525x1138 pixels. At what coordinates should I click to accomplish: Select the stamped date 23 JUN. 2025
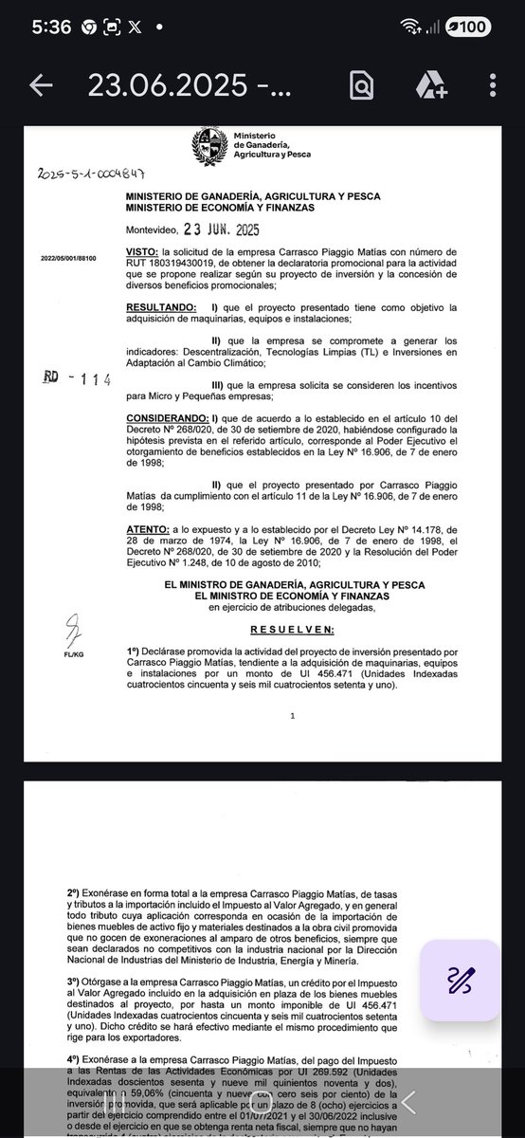213,229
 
